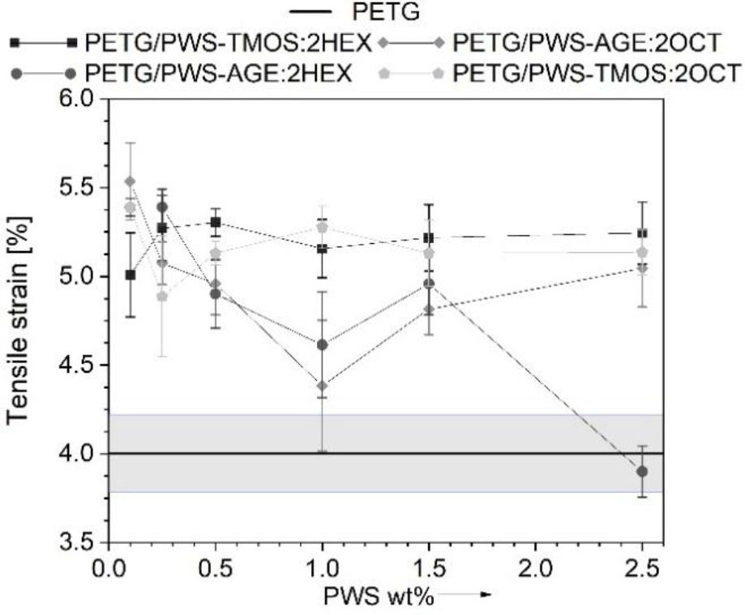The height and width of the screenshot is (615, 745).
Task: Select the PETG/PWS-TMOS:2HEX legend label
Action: point(229,41)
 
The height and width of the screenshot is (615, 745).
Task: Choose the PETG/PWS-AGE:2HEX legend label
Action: point(218,73)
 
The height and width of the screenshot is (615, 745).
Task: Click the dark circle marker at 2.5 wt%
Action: point(642,471)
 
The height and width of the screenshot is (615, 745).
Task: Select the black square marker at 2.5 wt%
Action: point(642,233)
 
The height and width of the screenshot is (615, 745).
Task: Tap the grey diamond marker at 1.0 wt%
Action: point(323,386)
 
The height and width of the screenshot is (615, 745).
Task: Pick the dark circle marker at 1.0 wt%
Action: point(323,344)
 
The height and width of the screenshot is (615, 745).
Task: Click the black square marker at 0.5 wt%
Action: point(216,222)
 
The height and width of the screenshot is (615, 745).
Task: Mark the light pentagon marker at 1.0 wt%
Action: point(323,228)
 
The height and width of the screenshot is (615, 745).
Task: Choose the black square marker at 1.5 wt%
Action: point(429,237)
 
